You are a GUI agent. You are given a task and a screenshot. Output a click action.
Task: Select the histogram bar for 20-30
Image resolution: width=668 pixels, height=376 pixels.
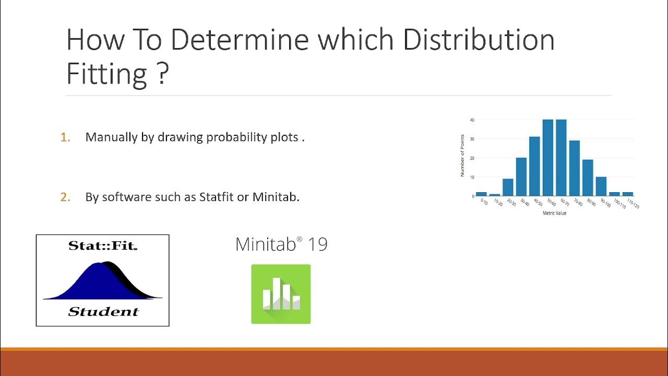(508, 187)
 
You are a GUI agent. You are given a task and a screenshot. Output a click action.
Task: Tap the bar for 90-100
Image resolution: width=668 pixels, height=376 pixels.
(601, 186)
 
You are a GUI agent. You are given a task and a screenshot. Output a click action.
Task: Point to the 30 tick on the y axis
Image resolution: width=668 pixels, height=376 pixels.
(472, 139)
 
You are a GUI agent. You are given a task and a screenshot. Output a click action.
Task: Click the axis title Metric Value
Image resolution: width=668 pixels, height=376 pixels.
(554, 213)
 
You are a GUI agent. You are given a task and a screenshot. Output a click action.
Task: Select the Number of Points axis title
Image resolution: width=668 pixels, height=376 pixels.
(462, 156)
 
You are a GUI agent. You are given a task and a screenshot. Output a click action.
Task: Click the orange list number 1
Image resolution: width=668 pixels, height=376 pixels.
(65, 137)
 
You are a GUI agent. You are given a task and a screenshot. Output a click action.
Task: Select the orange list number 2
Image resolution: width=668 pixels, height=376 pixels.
(65, 197)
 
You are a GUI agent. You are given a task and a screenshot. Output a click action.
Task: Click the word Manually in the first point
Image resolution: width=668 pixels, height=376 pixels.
(111, 137)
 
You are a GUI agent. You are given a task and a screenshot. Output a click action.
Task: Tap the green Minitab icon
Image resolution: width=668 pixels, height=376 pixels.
(281, 294)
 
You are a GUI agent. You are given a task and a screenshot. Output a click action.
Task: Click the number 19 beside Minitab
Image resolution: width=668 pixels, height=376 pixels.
(317, 244)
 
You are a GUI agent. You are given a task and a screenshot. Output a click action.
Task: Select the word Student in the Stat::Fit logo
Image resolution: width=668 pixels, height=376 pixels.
(103, 312)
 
